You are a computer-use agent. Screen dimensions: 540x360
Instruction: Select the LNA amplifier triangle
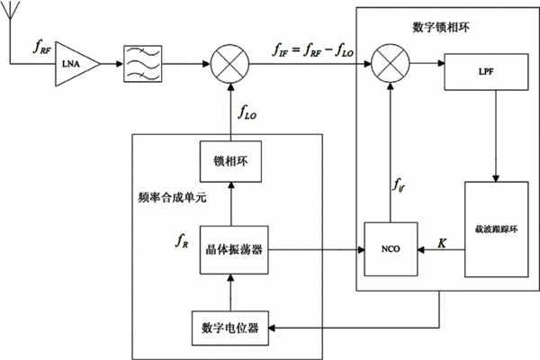[76, 64]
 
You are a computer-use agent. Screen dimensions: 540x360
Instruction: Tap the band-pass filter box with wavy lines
[142, 64]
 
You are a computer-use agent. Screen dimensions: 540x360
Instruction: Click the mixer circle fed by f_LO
[229, 64]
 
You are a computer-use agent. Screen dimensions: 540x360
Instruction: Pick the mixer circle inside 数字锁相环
[391, 63]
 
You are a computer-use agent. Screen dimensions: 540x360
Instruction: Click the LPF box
[486, 72]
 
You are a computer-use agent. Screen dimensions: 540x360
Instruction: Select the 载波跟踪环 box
[496, 229]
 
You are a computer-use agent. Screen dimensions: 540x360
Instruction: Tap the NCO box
[391, 249]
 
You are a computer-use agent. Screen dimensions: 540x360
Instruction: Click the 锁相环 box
[230, 161]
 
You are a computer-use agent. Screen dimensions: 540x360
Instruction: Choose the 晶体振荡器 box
[234, 250]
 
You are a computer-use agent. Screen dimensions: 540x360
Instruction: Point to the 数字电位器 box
[230, 328]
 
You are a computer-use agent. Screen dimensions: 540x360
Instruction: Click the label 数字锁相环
[441, 27]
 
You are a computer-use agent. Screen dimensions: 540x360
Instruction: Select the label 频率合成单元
[172, 197]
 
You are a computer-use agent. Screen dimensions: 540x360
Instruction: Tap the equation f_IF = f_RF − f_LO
[313, 50]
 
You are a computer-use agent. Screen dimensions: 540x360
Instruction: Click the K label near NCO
[442, 243]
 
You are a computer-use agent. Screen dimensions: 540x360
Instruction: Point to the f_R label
[182, 240]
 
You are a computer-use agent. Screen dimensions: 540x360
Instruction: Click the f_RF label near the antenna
[42, 47]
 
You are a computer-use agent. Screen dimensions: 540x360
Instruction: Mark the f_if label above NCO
[399, 185]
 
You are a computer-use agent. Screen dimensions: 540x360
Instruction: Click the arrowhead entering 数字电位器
[272, 328]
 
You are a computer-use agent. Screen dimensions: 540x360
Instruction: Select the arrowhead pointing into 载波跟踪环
[496, 178]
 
